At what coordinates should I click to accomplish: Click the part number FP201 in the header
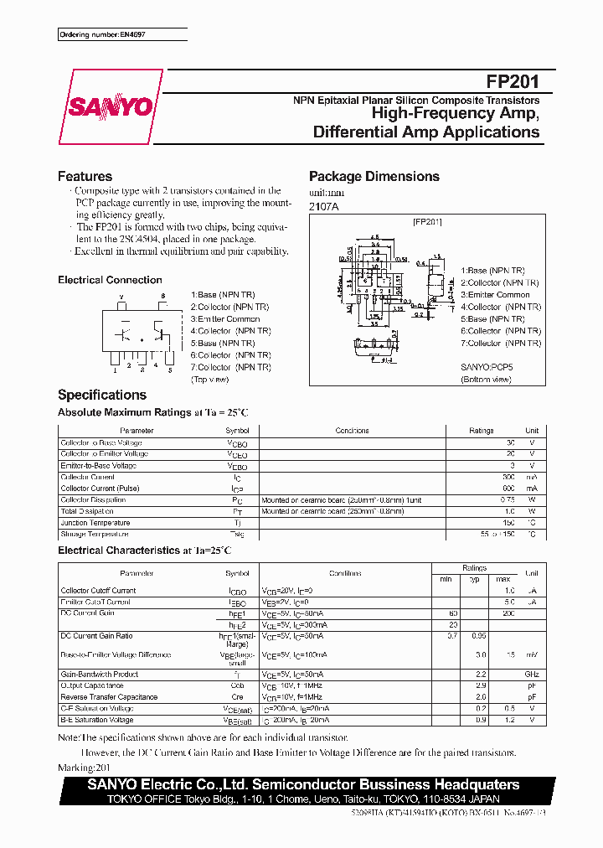click(513, 82)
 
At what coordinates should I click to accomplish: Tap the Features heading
click(85, 176)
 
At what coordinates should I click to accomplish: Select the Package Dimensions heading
click(374, 176)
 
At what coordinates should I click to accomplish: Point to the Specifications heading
click(101, 395)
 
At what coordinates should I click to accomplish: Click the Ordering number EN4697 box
click(122, 34)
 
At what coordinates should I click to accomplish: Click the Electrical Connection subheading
click(110, 280)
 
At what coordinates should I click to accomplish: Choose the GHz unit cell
click(531, 674)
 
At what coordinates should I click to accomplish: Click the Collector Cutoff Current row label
click(98, 591)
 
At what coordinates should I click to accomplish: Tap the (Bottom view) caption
click(485, 380)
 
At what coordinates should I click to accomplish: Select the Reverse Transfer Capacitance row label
click(109, 697)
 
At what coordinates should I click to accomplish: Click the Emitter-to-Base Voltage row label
click(98, 465)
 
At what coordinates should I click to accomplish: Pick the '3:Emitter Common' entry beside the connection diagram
click(226, 319)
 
